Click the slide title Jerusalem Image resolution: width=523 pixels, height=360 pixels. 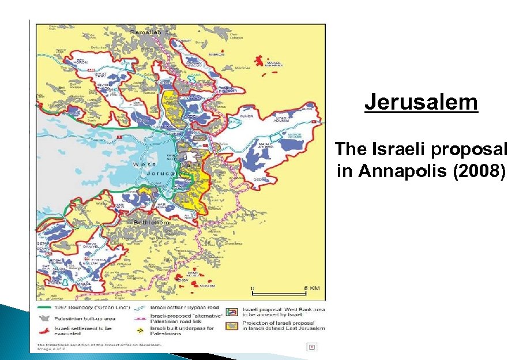click(421, 103)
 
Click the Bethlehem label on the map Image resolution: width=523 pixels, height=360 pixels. click(152, 223)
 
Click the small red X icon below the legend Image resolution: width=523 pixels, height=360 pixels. click(311, 347)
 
